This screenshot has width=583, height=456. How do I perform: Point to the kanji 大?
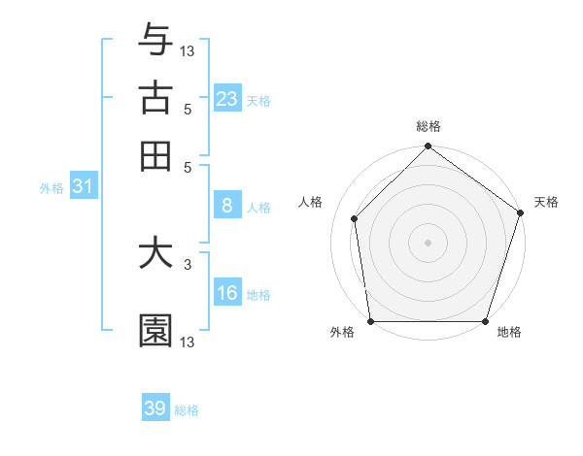pos(155,253)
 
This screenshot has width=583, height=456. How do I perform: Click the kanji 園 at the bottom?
pos(155,331)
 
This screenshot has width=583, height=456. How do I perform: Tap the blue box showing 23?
pos(227,99)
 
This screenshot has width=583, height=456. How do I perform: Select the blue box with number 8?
pos(227,205)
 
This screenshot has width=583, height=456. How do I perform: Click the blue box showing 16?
pos(227,293)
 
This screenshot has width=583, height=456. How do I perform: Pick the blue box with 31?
pos(83,186)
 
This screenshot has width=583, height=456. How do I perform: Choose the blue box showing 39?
pos(155,408)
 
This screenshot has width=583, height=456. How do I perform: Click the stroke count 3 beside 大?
pos(187,263)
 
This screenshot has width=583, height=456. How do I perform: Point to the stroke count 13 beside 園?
pos(188,342)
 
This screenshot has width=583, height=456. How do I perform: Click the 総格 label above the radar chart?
pos(429,127)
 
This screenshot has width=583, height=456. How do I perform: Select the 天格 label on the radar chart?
pos(546,202)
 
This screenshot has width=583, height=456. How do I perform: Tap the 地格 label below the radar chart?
pos(509,333)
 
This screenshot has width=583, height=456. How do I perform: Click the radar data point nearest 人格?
pos(355,218)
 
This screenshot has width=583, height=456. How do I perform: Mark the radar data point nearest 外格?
pos(371,321)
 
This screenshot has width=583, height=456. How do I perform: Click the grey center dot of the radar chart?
pos(429,242)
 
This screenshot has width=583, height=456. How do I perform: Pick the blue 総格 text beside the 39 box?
pos(187,410)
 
